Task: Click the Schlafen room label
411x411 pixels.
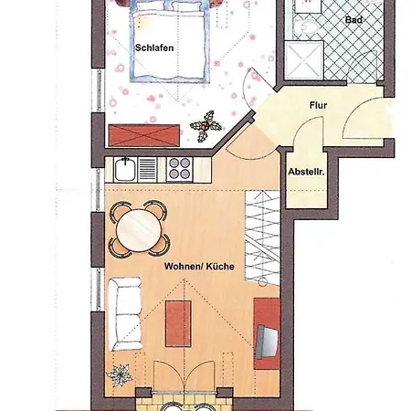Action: click(x=154, y=47)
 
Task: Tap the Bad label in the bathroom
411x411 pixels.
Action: click(x=353, y=20)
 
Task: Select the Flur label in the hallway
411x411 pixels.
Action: click(x=319, y=105)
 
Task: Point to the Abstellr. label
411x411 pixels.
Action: click(x=306, y=172)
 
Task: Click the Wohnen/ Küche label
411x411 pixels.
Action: click(x=199, y=267)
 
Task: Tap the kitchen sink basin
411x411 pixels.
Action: click(x=125, y=170)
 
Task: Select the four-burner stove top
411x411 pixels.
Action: click(x=180, y=169)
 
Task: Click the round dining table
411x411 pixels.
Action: click(x=139, y=228)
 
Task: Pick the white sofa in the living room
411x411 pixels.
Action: click(x=125, y=313)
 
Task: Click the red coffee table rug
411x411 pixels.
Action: click(x=178, y=323)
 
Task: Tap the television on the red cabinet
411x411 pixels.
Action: click(x=267, y=341)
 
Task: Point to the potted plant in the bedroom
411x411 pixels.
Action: click(x=205, y=126)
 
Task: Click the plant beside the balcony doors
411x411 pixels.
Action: click(x=120, y=375)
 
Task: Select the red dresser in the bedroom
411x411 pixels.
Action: click(x=144, y=135)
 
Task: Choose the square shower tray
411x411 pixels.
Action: click(x=304, y=60)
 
